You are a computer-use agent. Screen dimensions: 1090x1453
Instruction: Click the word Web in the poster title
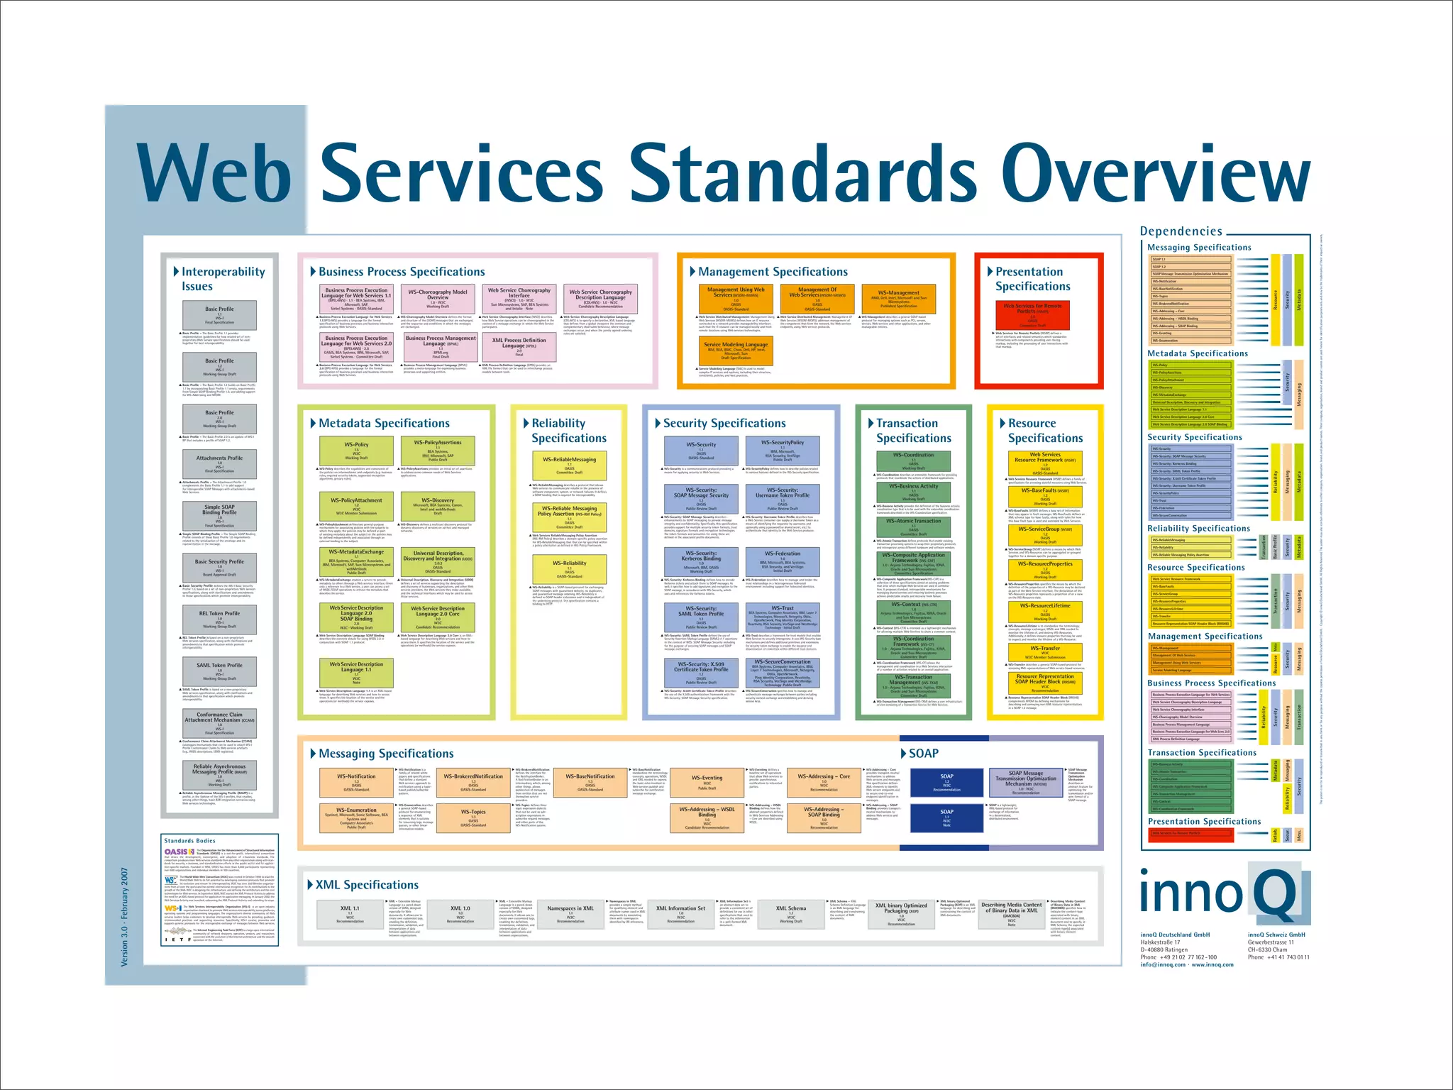[216, 175]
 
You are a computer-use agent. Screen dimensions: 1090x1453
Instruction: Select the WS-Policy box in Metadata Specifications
[356, 451]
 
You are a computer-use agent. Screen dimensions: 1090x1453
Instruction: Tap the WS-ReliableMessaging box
[569, 465]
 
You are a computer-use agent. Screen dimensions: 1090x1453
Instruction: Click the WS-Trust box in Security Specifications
[783, 617]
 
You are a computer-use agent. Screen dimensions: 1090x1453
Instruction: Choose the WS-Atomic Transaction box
[913, 527]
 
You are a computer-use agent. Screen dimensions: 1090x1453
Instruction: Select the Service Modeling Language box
[736, 350]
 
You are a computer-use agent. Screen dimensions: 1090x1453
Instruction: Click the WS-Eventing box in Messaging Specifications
[707, 781]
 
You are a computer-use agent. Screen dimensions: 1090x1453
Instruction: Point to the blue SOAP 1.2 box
[946, 781]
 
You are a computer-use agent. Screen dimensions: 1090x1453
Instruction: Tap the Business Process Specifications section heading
[402, 272]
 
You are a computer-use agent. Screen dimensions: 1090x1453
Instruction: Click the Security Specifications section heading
[724, 423]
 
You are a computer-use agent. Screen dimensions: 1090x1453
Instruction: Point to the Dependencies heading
[1181, 231]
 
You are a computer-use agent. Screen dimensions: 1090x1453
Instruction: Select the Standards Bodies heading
[189, 840]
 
